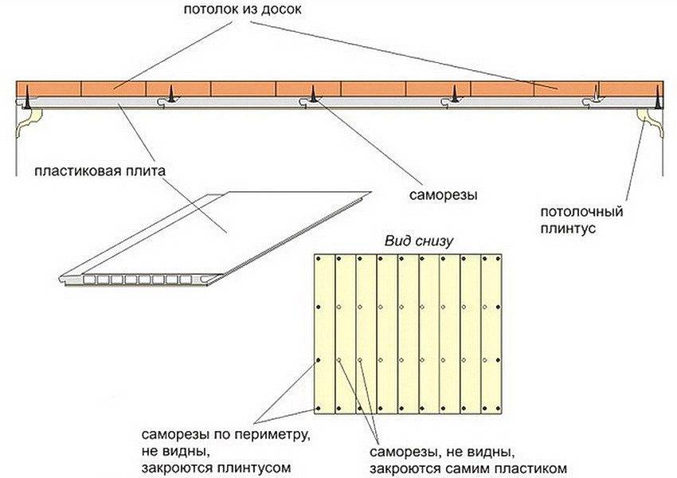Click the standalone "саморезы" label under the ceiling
point(439,194)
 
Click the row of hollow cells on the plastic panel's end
point(127,280)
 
